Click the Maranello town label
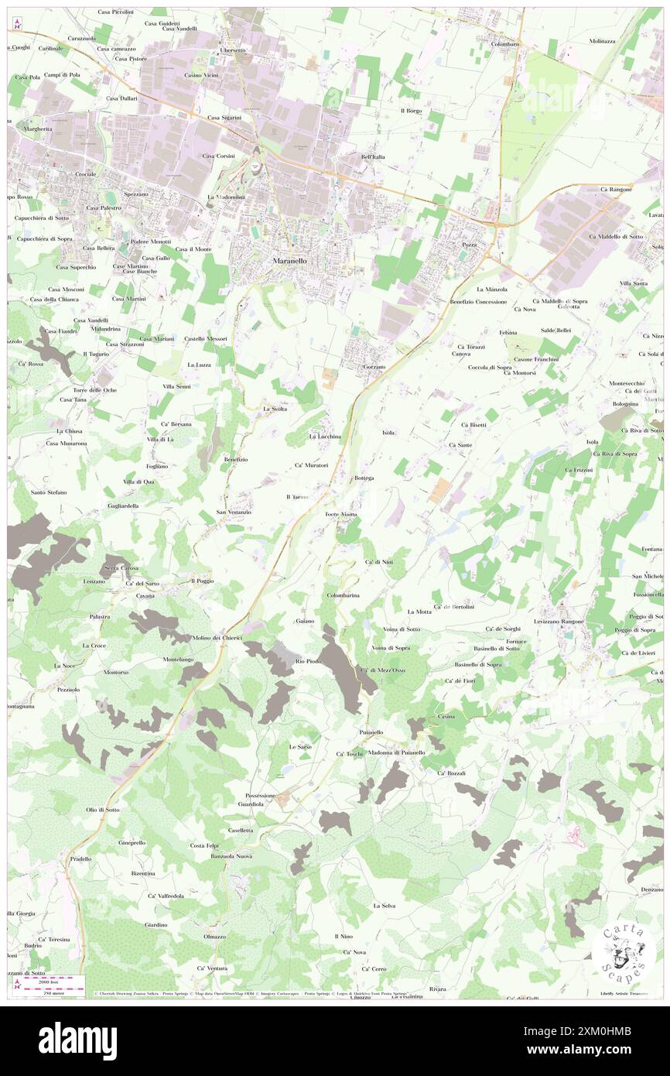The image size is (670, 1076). [289, 262]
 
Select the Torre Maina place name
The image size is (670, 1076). [340, 514]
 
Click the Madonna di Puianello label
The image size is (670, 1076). [396, 752]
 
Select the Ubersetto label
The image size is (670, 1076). [232, 50]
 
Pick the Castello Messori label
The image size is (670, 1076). [206, 339]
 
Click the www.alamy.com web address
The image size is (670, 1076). [593, 1050]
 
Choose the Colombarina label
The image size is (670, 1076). [342, 595]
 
